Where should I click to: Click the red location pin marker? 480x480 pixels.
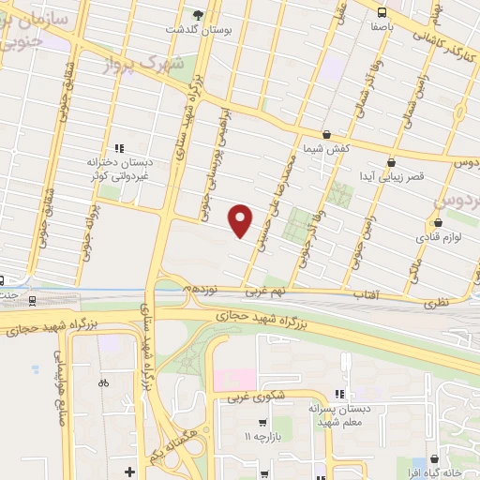[x=241, y=219]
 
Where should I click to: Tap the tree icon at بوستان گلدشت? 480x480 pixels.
[x=198, y=14]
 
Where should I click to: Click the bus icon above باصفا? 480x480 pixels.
[x=382, y=12]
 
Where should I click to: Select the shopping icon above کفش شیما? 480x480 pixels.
[x=325, y=136]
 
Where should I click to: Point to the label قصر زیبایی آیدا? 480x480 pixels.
[x=397, y=176]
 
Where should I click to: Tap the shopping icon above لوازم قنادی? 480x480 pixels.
[x=438, y=223]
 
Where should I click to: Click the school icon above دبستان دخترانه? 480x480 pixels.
[x=118, y=147]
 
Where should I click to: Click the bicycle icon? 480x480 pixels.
[x=103, y=382]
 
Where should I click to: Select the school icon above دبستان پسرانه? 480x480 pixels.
[x=338, y=394]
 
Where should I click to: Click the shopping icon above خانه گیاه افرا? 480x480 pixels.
[x=433, y=458]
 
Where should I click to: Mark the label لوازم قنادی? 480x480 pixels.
[x=438, y=240]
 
